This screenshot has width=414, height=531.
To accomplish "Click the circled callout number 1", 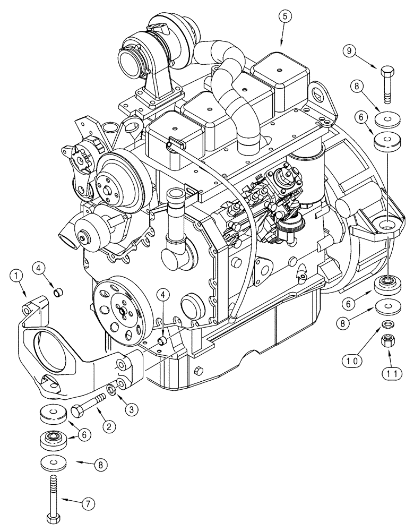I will point(16,275).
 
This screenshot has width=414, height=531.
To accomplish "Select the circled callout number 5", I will point(284,17).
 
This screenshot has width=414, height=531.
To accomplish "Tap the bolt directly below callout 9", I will point(386,82).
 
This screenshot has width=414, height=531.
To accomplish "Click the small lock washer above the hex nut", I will point(387,324).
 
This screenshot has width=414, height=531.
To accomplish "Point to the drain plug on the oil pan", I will point(199,371).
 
